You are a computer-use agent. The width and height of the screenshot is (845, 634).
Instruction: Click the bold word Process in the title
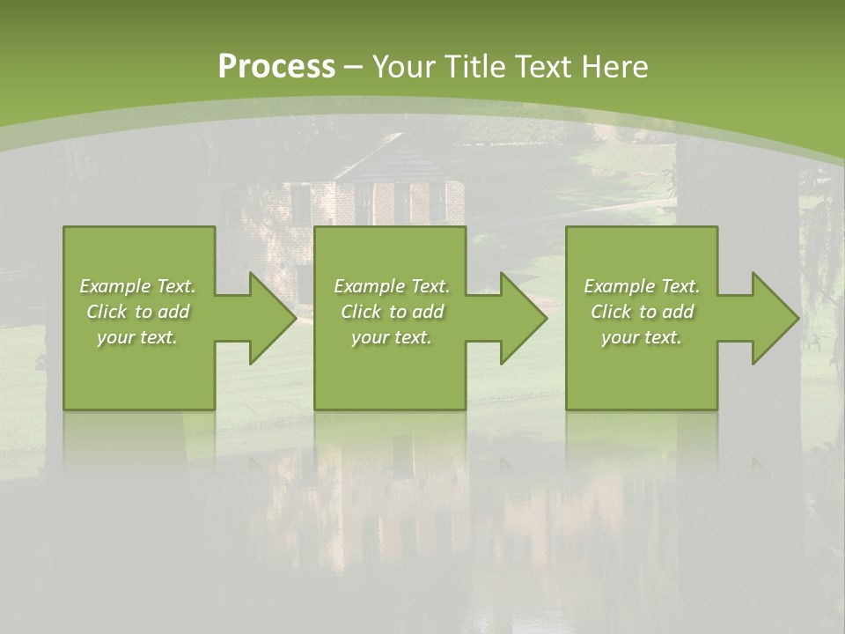tap(276, 67)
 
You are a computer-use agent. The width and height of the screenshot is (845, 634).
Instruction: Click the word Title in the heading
tap(473, 67)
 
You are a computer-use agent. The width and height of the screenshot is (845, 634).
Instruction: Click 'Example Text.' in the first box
tap(137, 286)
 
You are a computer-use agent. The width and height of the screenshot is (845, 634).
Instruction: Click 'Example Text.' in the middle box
tap(391, 286)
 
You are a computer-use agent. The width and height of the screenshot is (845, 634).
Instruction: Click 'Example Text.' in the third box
tap(642, 286)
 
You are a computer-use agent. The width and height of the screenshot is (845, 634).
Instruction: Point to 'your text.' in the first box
tap(137, 337)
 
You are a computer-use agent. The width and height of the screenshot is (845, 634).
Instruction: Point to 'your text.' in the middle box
tap(391, 337)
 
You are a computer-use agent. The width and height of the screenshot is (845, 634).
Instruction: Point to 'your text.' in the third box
tap(642, 337)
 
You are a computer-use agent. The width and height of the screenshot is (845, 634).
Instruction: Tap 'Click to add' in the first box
tap(137, 312)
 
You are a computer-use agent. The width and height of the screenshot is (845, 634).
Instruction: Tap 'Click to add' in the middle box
tap(391, 312)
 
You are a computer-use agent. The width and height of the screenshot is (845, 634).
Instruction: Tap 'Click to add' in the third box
tap(642, 312)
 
